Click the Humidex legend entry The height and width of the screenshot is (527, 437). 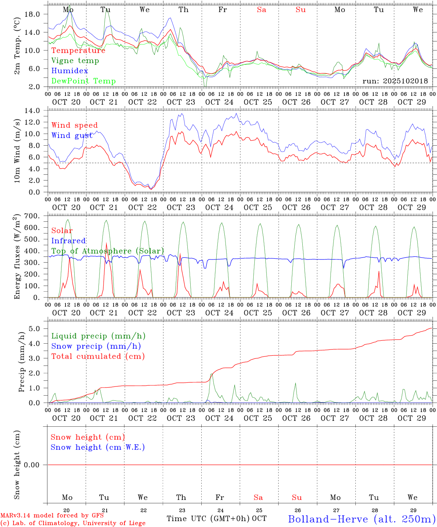click(x=70, y=71)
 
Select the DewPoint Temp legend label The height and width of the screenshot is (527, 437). click(x=83, y=81)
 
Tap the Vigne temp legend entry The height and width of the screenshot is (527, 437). click(x=75, y=61)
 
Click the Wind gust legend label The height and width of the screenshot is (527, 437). click(x=72, y=136)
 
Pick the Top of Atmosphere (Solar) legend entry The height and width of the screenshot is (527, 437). click(x=108, y=251)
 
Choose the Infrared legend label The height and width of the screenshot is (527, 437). click(x=68, y=241)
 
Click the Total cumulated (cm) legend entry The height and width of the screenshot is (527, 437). click(x=98, y=356)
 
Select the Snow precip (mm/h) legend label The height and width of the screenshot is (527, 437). click(x=96, y=346)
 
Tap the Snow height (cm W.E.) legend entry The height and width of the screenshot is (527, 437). click(x=98, y=447)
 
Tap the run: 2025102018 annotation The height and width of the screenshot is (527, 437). click(x=395, y=81)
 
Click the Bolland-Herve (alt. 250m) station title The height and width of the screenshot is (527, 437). click(x=362, y=519)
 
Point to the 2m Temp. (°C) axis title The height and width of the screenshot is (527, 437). click(x=17, y=46)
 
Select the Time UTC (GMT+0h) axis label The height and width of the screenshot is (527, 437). click(x=208, y=519)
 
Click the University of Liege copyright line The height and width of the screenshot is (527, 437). click(x=73, y=523)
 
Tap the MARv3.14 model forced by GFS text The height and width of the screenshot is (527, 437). click(x=52, y=516)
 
